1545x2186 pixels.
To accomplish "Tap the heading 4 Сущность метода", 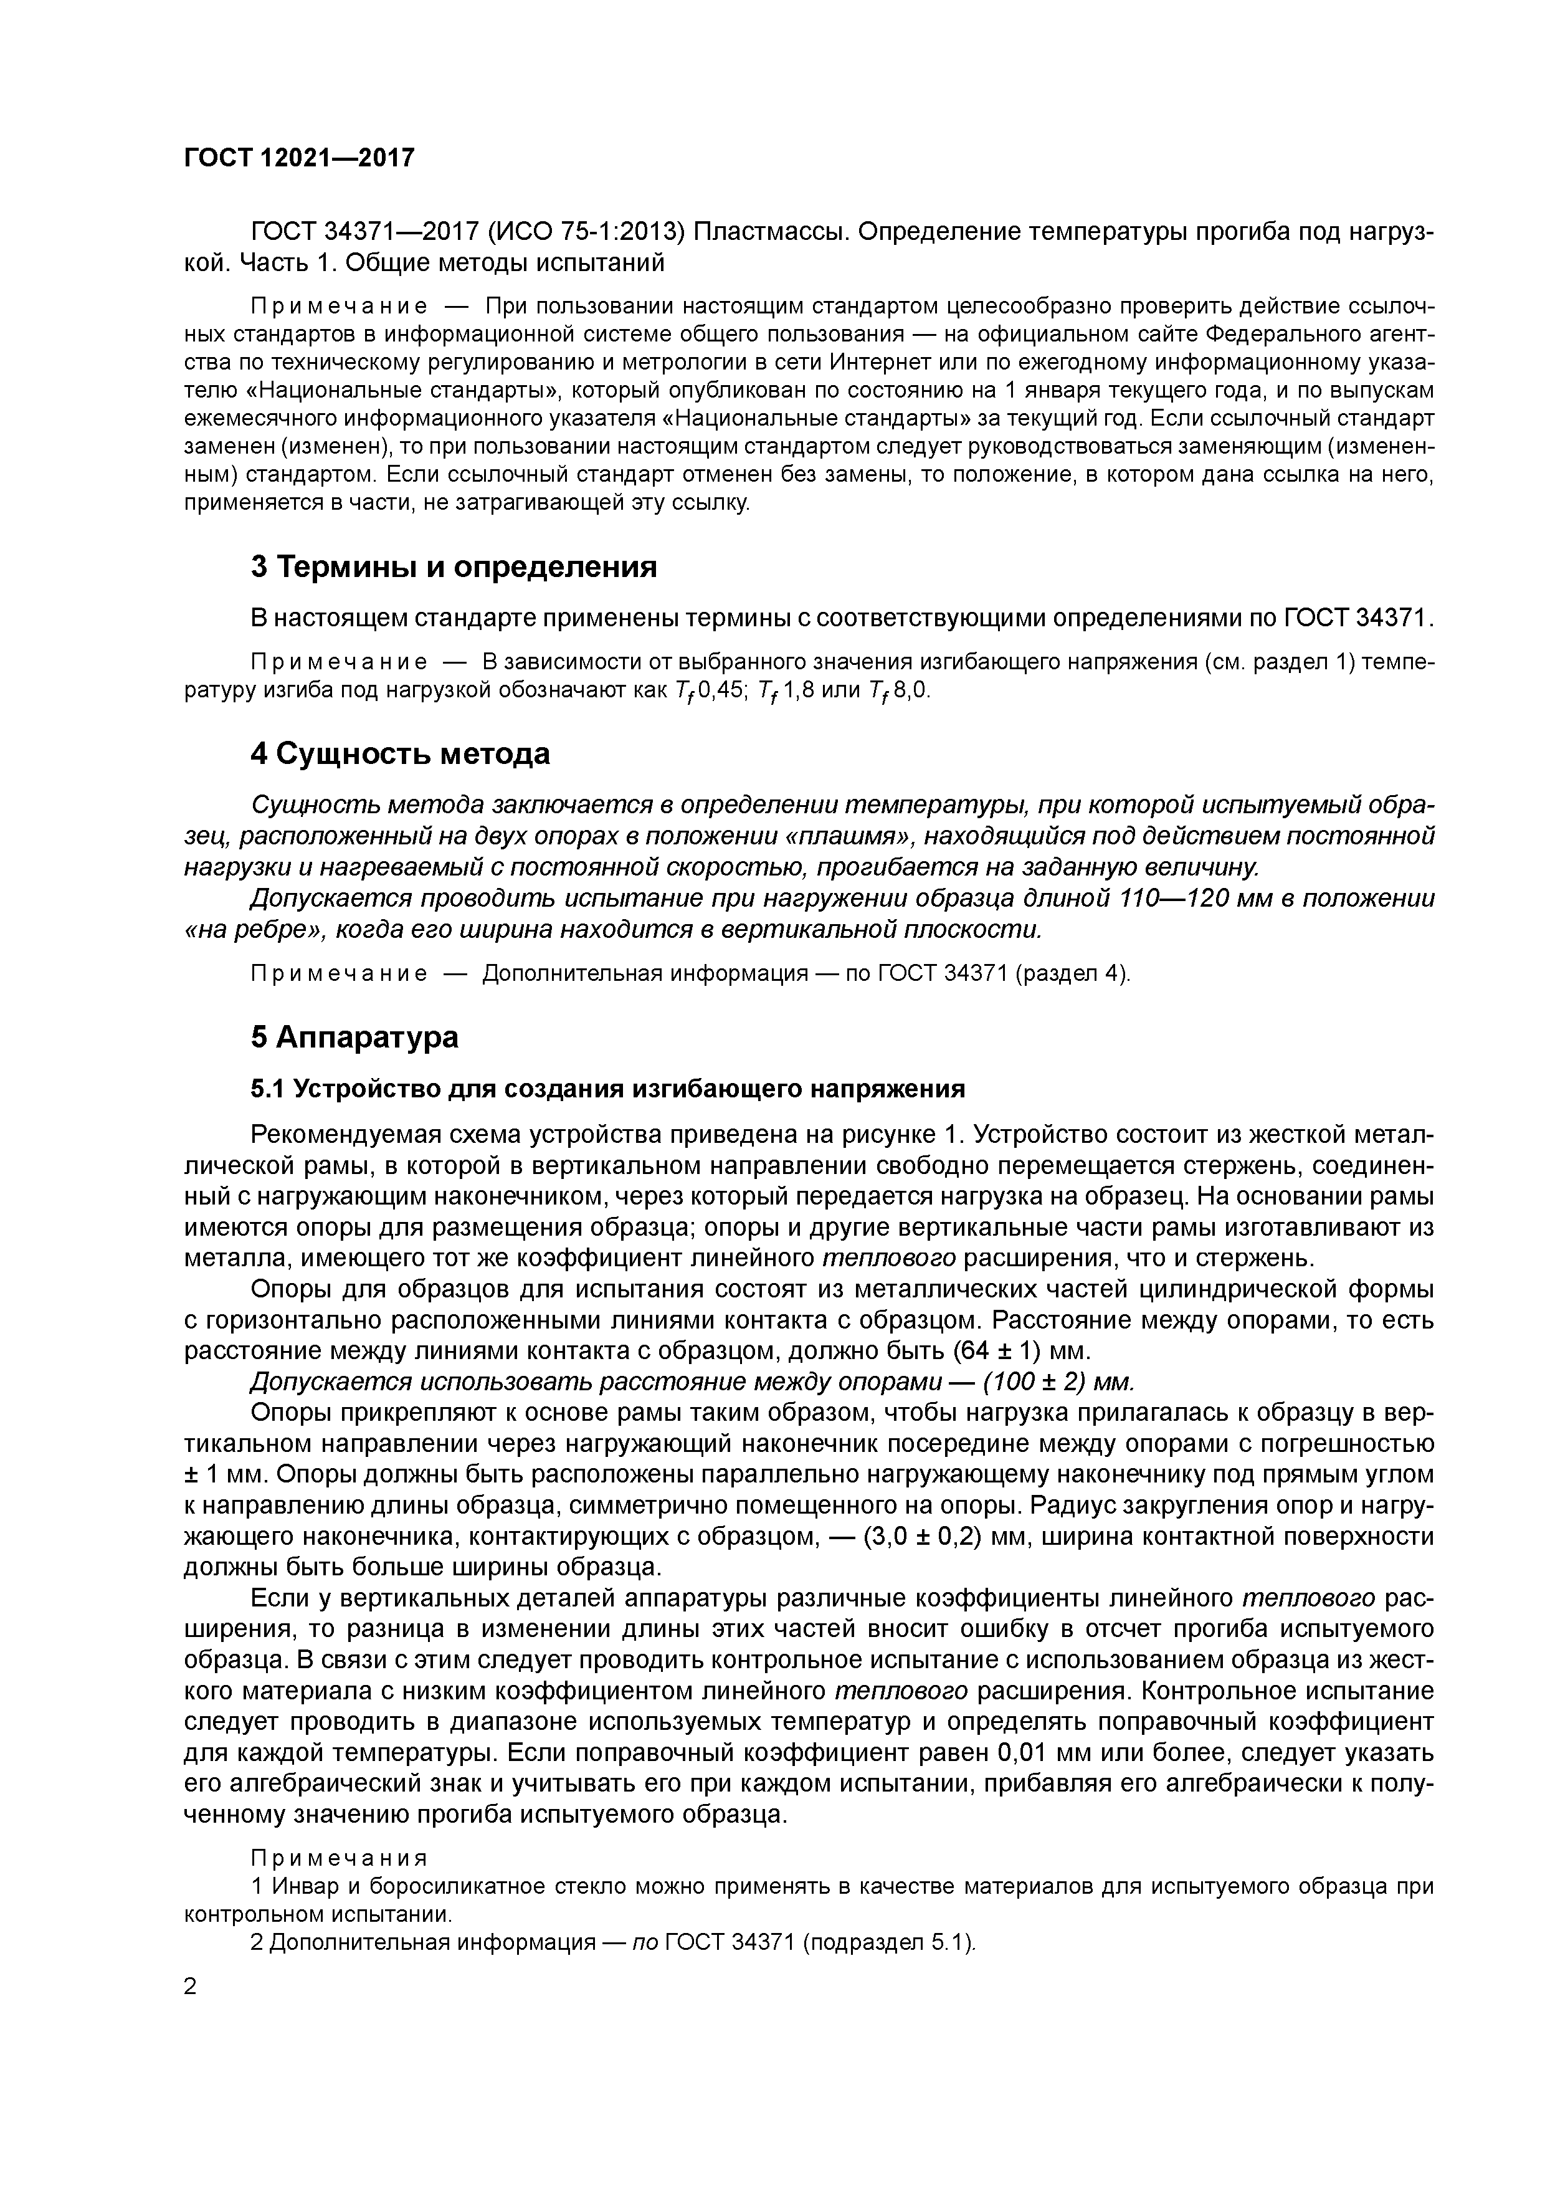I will (x=400, y=754).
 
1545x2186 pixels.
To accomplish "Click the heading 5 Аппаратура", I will (x=354, y=1037).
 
